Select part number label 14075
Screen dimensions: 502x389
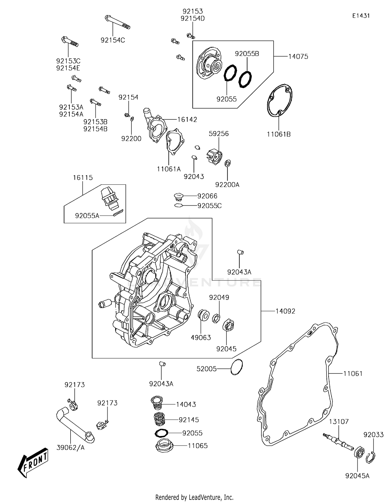(298, 56)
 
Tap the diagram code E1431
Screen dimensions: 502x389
(361, 16)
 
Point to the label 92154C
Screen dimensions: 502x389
(113, 40)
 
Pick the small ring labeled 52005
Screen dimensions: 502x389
(237, 367)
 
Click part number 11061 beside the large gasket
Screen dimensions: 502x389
(353, 373)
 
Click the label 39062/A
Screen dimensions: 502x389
(71, 447)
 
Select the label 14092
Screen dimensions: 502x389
(285, 311)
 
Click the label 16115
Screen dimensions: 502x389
(83, 177)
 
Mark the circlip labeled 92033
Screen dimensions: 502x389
(372, 457)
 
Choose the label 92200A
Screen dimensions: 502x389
(227, 184)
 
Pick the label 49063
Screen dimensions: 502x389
(201, 337)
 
